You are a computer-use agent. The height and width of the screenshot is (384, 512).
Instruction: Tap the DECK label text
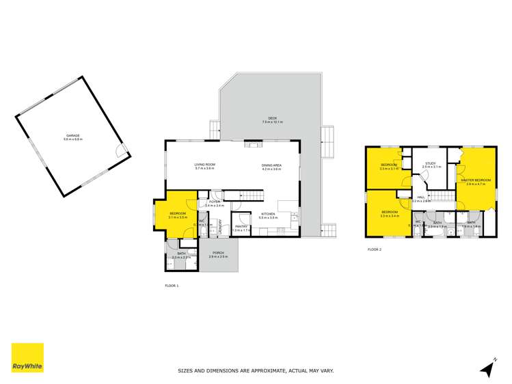(272, 118)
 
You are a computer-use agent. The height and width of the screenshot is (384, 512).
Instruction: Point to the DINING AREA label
(271, 165)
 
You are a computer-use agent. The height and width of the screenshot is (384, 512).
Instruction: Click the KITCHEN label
(267, 214)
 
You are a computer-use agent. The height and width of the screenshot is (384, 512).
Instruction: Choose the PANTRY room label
(241, 226)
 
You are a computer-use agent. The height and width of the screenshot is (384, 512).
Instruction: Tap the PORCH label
(218, 253)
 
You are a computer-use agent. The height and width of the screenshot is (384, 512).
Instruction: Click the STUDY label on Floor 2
(430, 163)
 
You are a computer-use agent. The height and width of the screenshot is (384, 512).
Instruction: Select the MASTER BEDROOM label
(475, 180)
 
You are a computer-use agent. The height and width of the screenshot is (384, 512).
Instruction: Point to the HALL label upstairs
(421, 197)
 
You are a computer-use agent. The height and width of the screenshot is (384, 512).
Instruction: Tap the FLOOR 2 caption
(375, 249)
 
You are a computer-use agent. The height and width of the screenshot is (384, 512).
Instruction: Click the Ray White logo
(27, 357)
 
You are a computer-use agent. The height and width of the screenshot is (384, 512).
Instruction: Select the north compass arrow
(487, 368)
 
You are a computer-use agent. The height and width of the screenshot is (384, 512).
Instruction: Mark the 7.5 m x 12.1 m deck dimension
(272, 122)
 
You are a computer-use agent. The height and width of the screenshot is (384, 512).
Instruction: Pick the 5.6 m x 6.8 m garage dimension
(72, 139)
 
